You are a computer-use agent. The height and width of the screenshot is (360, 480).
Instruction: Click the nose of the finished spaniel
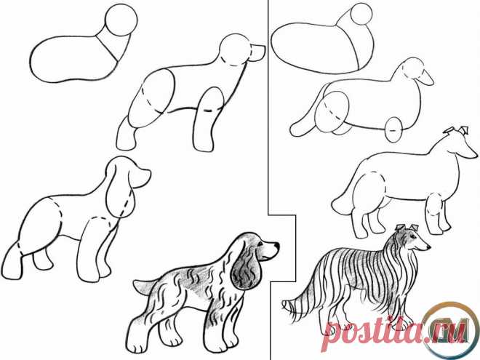pos(276,245)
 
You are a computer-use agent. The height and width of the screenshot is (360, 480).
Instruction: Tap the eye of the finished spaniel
pos(260,244)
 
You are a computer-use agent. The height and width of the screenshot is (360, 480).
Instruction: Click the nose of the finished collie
pos(429,247)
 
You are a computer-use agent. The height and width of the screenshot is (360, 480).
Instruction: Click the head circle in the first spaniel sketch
pos(121,19)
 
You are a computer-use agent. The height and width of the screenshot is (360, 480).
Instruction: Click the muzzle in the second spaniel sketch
pos(257,52)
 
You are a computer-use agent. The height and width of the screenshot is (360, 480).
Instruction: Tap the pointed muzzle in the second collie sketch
pos(426,79)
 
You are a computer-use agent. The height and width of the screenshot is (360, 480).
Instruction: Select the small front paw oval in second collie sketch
pos(394,130)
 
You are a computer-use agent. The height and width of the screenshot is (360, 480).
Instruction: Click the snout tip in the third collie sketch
pos(476,156)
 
